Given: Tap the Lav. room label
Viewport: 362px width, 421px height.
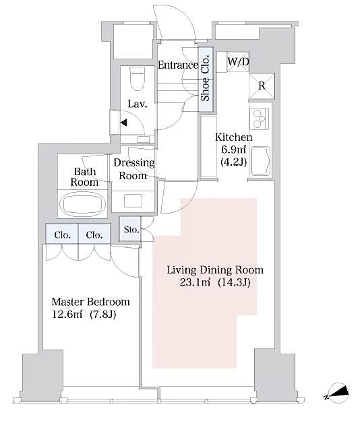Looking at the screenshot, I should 138,104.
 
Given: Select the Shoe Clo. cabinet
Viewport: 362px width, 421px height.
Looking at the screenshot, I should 206,78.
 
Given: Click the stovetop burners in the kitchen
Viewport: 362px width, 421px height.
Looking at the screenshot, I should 260,119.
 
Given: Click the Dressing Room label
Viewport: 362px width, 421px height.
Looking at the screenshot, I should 133,169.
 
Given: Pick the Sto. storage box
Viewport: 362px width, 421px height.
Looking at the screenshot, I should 131,230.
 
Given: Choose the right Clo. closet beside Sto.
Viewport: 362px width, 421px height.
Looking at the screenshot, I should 94,234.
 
